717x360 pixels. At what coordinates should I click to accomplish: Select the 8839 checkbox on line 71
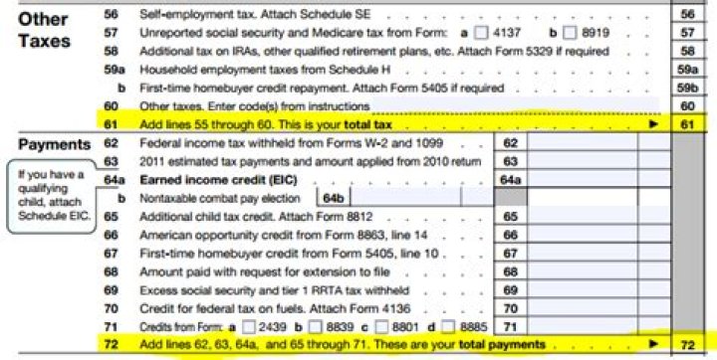(315, 324)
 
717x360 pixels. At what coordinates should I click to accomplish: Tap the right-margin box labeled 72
(686, 344)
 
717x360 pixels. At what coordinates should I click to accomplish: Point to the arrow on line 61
(653, 123)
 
